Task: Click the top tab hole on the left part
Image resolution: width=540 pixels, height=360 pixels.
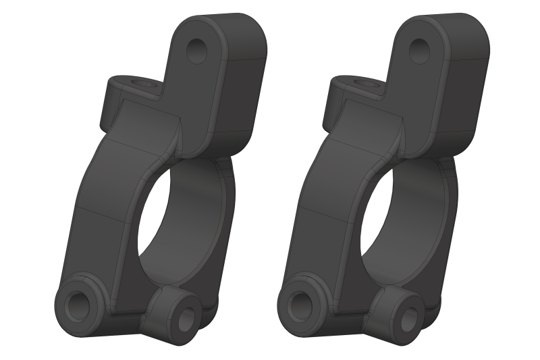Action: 197,51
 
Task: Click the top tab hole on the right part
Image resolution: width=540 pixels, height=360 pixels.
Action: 419,51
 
